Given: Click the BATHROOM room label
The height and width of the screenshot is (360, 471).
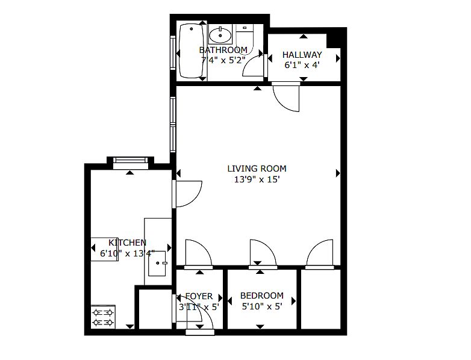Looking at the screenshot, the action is pyautogui.click(x=223, y=49).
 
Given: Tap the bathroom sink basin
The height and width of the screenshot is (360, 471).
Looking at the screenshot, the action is pyautogui.click(x=220, y=35).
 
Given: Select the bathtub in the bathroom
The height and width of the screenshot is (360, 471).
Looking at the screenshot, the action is pyautogui.click(x=191, y=51).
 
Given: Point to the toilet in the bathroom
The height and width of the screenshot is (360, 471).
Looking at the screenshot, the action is pyautogui.click(x=245, y=39).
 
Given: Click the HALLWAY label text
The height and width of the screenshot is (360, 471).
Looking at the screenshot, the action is pyautogui.click(x=302, y=55).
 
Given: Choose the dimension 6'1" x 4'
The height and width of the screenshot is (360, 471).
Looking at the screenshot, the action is pyautogui.click(x=302, y=65).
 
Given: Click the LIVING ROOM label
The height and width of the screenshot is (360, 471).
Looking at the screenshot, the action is pyautogui.click(x=257, y=169).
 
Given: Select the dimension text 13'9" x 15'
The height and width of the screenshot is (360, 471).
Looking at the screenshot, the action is pyautogui.click(x=257, y=179).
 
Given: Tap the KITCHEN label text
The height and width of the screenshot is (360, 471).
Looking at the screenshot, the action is pyautogui.click(x=127, y=242).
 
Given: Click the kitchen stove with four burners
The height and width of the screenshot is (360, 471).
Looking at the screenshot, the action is pyautogui.click(x=104, y=317).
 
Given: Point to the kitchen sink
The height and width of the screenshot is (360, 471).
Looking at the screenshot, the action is pyautogui.click(x=157, y=263).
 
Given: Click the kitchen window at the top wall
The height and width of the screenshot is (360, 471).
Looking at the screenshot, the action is pyautogui.click(x=131, y=160).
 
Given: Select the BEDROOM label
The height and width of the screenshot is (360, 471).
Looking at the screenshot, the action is pyautogui.click(x=261, y=296).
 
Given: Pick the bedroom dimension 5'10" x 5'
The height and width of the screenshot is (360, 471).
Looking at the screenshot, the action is pyautogui.click(x=261, y=306).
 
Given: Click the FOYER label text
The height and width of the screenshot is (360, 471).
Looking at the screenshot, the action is pyautogui.click(x=199, y=296).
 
